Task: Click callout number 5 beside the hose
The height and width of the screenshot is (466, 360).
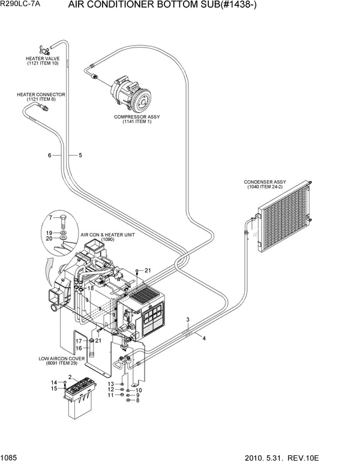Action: point(80,156)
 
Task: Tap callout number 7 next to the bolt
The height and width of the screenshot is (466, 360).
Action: point(50,217)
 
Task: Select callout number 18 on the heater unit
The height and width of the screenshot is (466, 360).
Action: point(91,288)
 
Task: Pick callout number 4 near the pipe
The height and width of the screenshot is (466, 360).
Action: point(204,339)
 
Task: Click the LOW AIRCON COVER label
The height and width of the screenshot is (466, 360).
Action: point(61,361)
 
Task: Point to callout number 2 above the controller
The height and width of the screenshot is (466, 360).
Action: point(70,377)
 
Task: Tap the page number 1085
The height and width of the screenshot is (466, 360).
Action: point(10,458)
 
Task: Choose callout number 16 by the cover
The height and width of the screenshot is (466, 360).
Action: point(78,348)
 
